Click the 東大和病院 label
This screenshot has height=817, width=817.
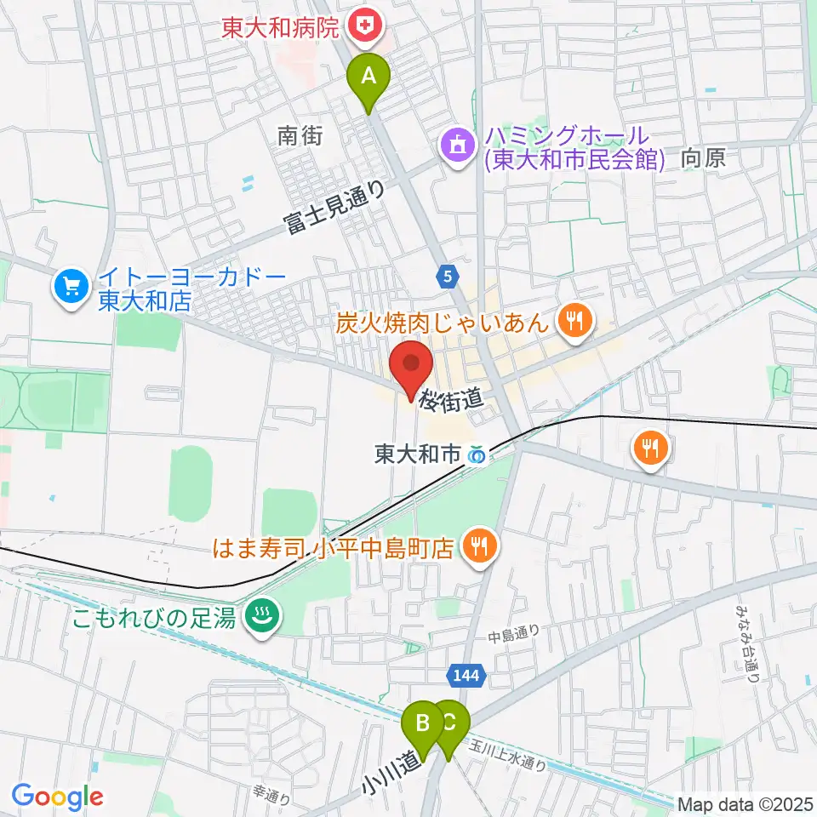pyautogui.click(x=280, y=28)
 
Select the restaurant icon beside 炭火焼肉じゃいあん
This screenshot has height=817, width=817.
pyautogui.click(x=574, y=321)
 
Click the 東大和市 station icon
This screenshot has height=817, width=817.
pyautogui.click(x=477, y=456)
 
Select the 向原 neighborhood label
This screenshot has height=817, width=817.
pyautogui.click(x=702, y=157)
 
